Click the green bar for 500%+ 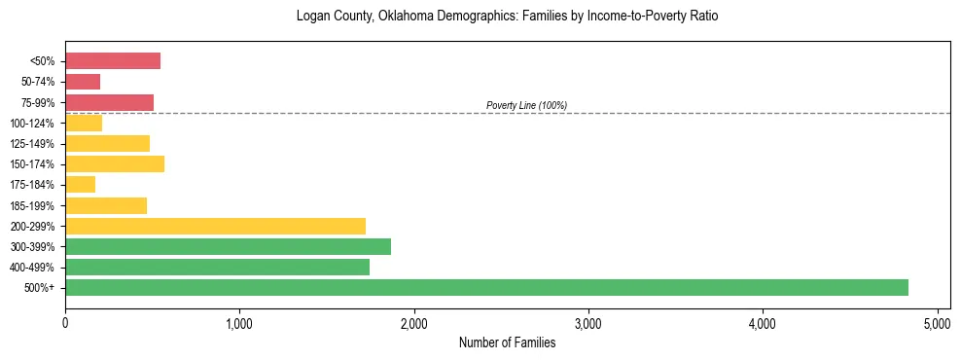tap(486, 287)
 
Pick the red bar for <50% tap(113, 61)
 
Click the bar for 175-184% tap(81, 184)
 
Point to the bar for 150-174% tap(115, 163)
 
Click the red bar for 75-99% tap(109, 102)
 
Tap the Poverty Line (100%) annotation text tap(526, 105)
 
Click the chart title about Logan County tap(507, 18)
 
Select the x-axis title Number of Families tap(507, 342)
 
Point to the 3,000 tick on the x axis tap(588, 321)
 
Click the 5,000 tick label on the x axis tap(937, 321)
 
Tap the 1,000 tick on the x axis tap(239, 321)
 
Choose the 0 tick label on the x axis tap(65, 321)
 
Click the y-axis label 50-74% tap(39, 82)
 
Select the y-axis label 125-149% tap(35, 144)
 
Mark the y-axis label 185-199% tap(35, 205)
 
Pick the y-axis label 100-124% tap(35, 123)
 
